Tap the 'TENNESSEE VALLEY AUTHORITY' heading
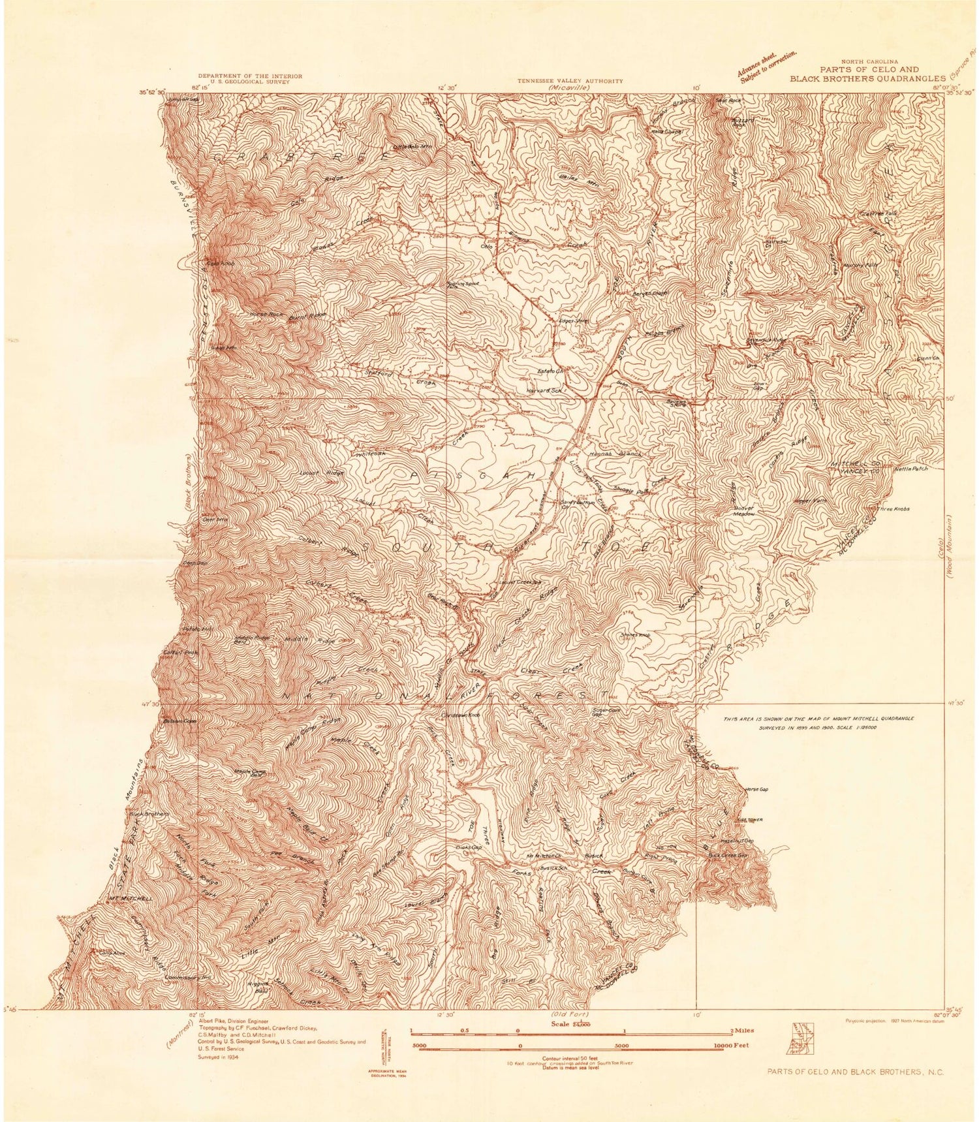pos(570,81)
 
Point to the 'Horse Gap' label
pos(756,789)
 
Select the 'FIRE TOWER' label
pos(750,820)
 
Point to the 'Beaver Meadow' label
pos(743,510)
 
